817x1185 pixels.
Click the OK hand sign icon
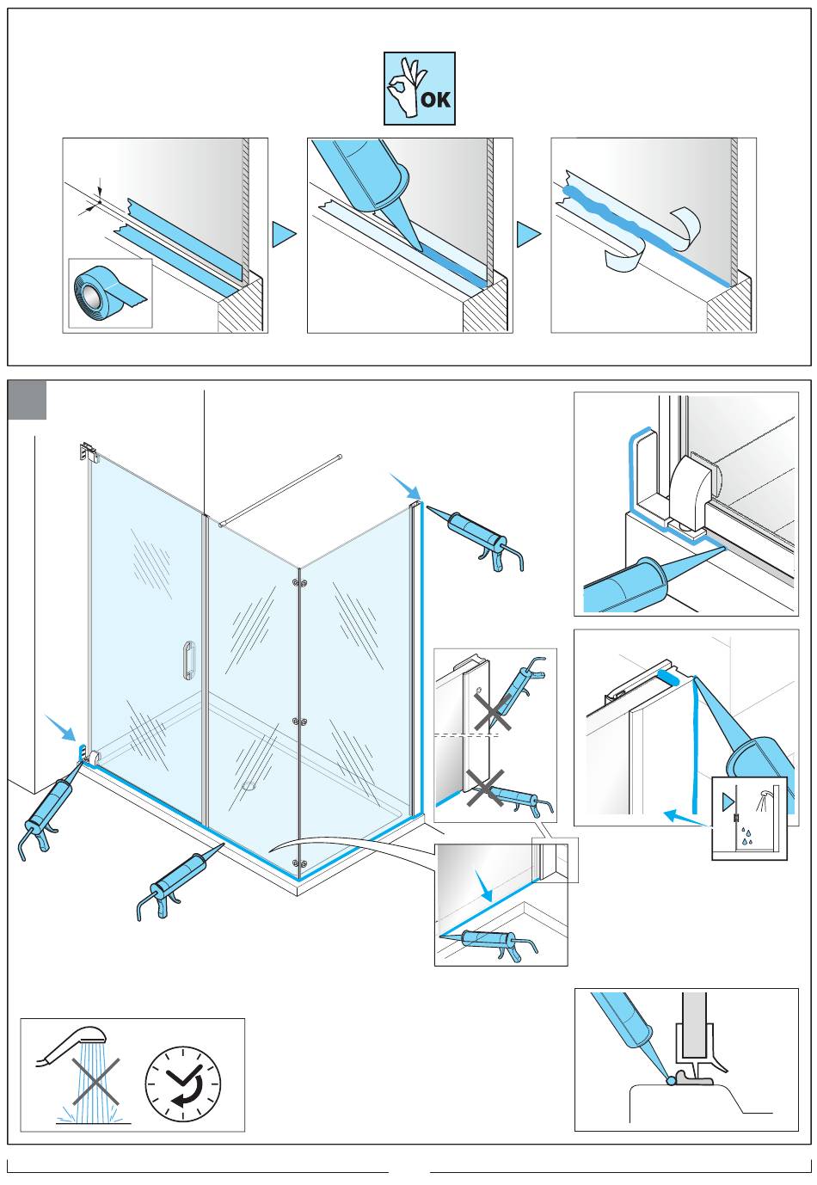(x=419, y=89)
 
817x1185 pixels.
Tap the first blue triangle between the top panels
(x=284, y=235)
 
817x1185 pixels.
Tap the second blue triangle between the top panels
(x=529, y=235)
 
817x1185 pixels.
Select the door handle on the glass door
(x=187, y=660)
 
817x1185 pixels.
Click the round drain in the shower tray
(x=250, y=784)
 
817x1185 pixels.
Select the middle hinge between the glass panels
(x=298, y=721)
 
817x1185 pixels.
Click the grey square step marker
(x=27, y=401)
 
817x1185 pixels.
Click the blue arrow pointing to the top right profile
(x=402, y=485)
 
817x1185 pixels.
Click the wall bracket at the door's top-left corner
(x=86, y=450)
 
